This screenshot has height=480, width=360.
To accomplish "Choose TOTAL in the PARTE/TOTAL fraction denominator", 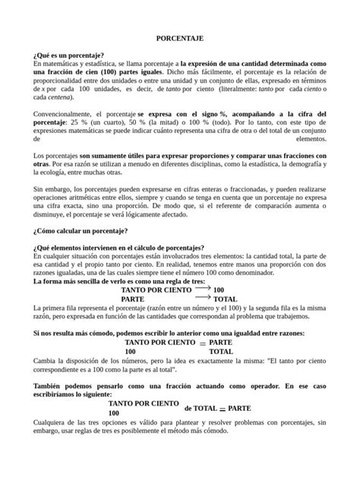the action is [x=221, y=352].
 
